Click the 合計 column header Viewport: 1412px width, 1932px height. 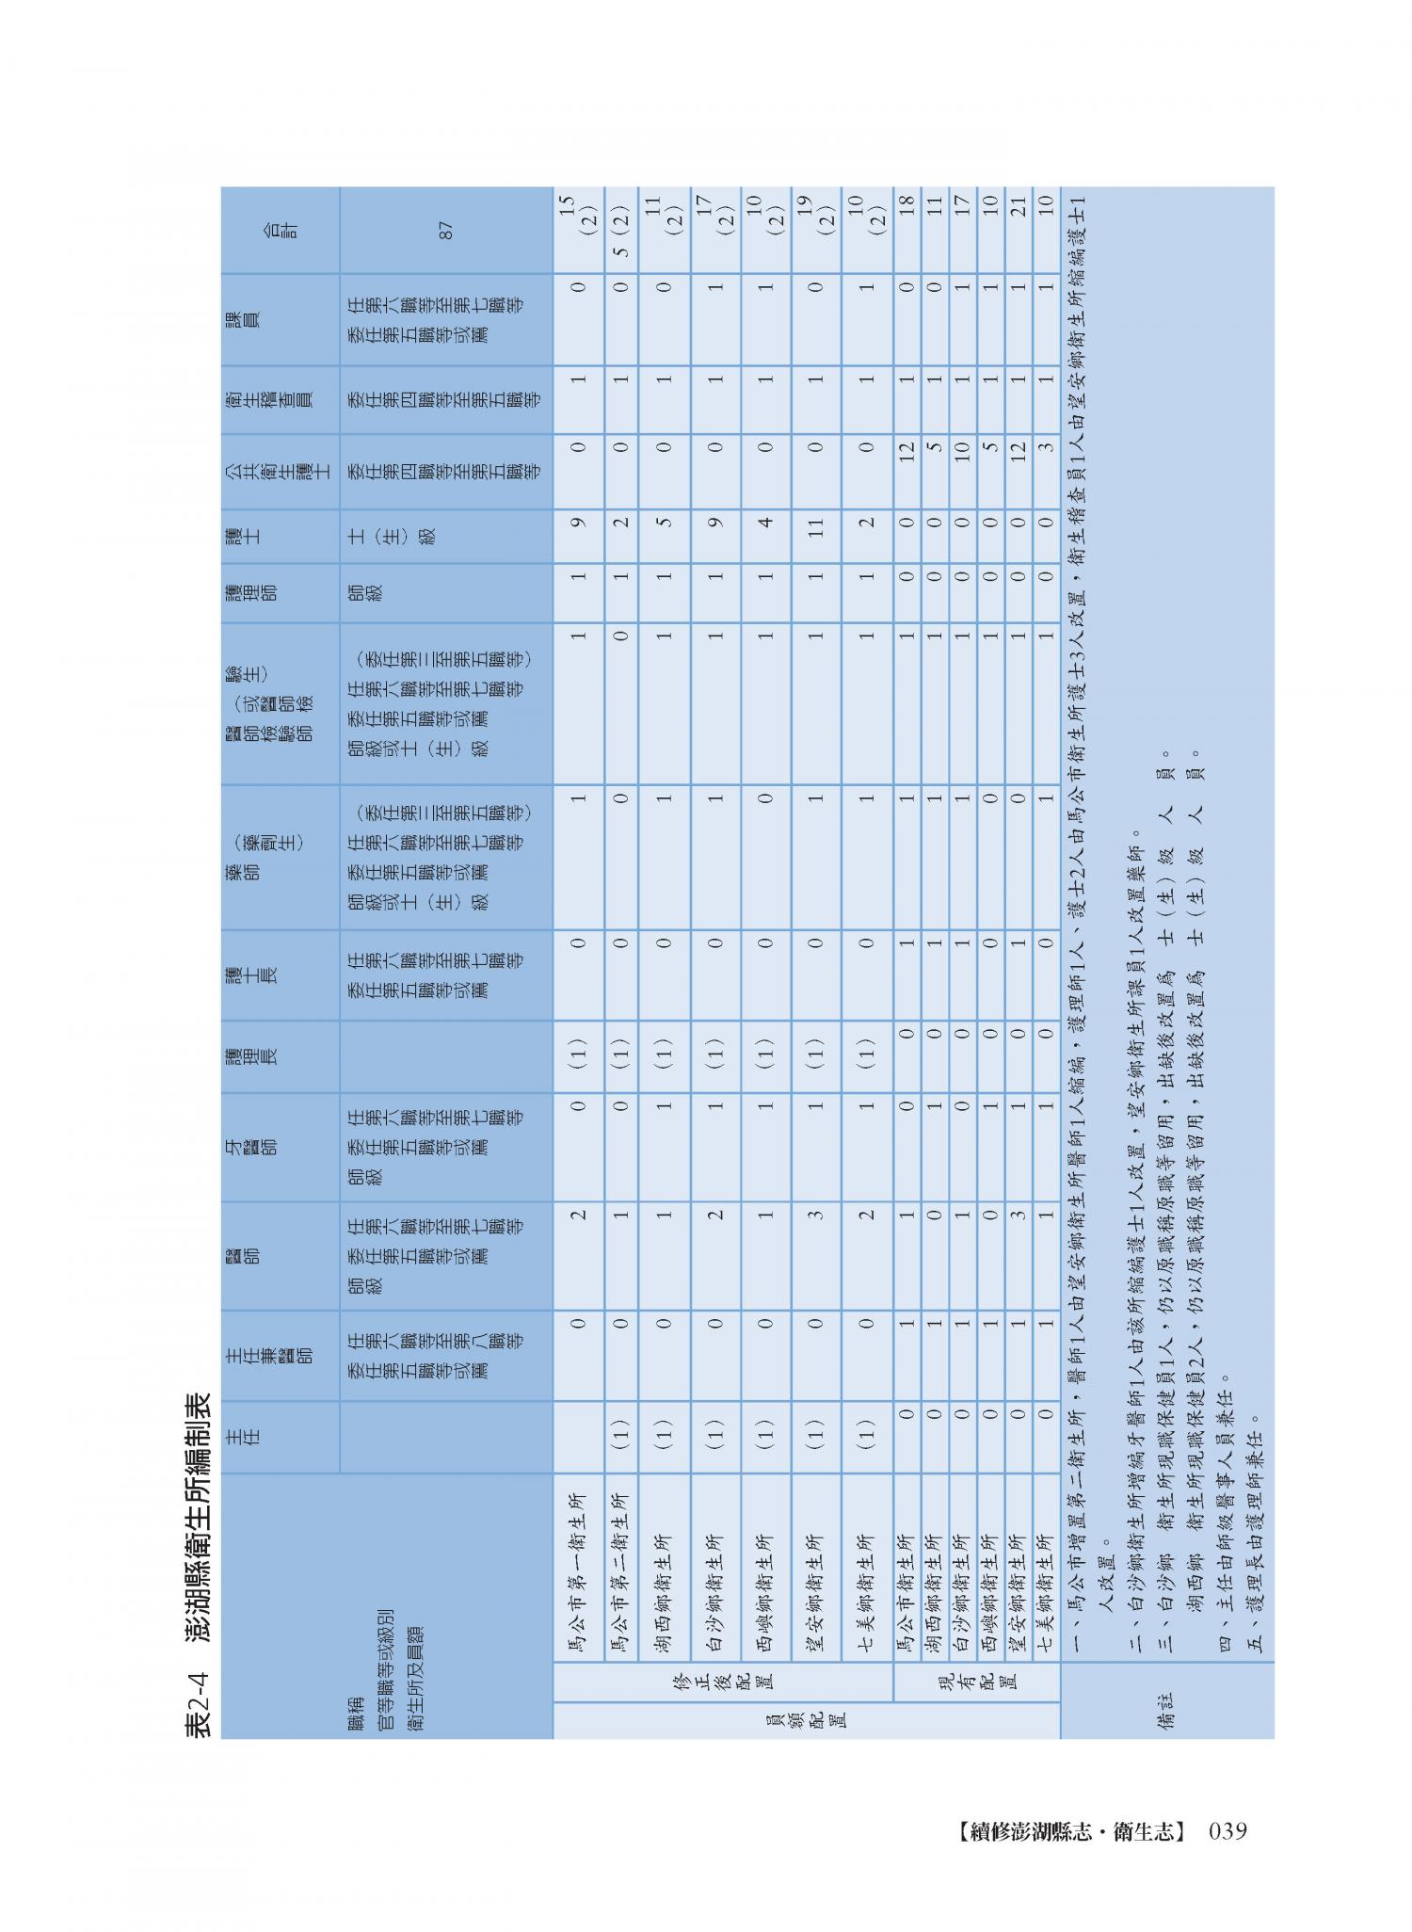coord(280,230)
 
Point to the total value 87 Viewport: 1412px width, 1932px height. coord(446,230)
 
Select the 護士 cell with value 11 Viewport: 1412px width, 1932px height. coord(815,537)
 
